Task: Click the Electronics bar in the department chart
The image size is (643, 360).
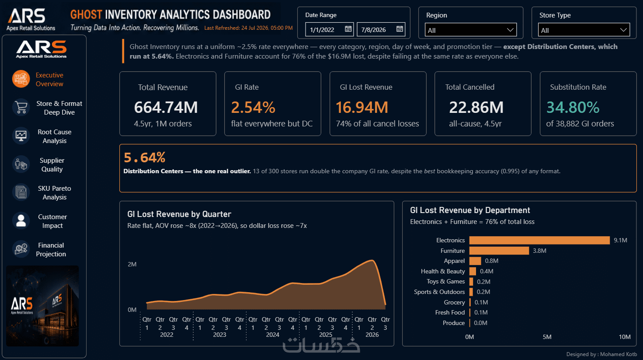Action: pyautogui.click(x=539, y=240)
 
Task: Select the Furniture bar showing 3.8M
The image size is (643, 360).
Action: pyautogui.click(x=499, y=251)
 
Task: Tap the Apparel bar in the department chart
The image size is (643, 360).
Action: pyautogui.click(x=475, y=261)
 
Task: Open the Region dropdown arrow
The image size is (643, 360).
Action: pyautogui.click(x=510, y=30)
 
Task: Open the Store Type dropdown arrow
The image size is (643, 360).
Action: pyautogui.click(x=623, y=30)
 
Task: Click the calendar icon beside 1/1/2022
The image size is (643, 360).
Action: pyautogui.click(x=348, y=29)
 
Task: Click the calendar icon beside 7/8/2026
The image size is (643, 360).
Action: pyautogui.click(x=400, y=29)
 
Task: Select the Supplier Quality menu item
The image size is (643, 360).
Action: pyautogui.click(x=52, y=164)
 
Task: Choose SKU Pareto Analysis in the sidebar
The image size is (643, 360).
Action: pyautogui.click(x=54, y=193)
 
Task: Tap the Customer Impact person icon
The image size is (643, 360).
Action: pyautogui.click(x=21, y=221)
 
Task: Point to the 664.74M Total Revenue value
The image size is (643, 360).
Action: pyautogui.click(x=166, y=107)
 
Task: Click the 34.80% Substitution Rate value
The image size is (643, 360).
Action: pyautogui.click(x=573, y=107)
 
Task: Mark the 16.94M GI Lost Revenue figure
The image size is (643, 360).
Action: pyautogui.click(x=362, y=107)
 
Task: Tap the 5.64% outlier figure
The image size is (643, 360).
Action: pyautogui.click(x=144, y=157)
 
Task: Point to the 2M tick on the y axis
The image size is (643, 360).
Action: pyautogui.click(x=132, y=264)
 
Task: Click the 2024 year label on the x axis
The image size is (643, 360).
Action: pyautogui.click(x=272, y=335)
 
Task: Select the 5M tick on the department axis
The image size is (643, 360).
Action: pyautogui.click(x=547, y=337)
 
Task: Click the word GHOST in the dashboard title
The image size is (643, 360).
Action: pyautogui.click(x=86, y=14)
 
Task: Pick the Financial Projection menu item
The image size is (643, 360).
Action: pyautogui.click(x=51, y=249)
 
